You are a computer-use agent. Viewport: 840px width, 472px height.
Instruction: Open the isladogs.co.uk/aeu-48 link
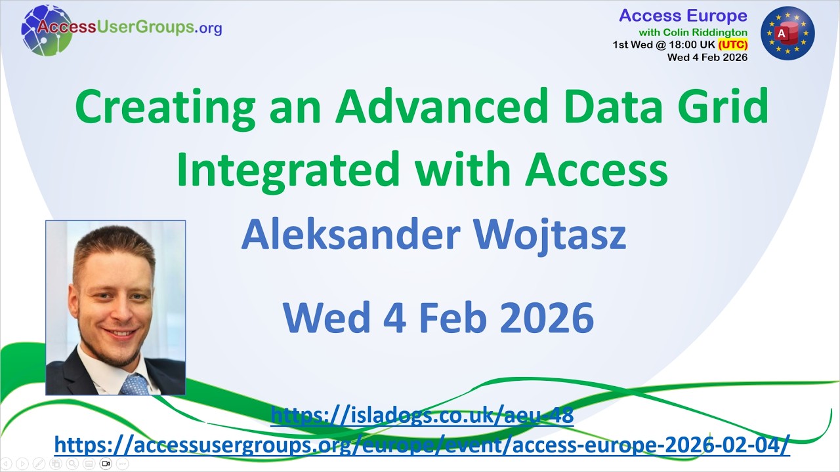pyautogui.click(x=422, y=414)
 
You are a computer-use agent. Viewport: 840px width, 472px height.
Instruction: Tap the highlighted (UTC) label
pyautogui.click(x=732, y=45)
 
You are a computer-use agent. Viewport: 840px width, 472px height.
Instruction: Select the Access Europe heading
pyautogui.click(x=683, y=16)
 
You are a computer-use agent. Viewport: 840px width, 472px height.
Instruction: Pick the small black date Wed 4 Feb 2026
pyautogui.click(x=707, y=57)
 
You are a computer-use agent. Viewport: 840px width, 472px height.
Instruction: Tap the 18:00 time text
pyautogui.click(x=678, y=45)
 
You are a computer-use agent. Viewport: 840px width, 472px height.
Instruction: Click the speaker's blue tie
pyautogui.click(x=135, y=384)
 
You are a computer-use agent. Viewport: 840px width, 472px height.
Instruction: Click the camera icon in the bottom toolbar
pyautogui.click(x=106, y=463)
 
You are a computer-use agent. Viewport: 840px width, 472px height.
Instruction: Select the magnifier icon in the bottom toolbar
pyautogui.click(x=72, y=463)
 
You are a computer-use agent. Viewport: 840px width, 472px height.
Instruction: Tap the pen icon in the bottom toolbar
pyautogui.click(x=39, y=463)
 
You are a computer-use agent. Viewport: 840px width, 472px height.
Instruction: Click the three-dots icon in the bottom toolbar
pyautogui.click(x=122, y=463)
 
